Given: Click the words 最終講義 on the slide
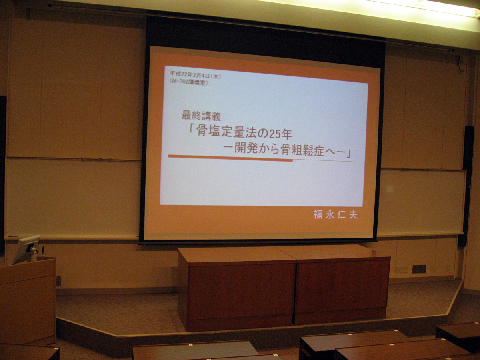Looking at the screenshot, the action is tap(201, 116).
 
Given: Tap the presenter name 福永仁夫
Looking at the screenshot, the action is tap(335, 214).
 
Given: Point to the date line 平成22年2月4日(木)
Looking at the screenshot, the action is tap(195, 75).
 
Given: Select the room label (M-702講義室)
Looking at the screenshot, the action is tap(188, 82).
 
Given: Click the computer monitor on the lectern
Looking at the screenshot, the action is tap(26, 249).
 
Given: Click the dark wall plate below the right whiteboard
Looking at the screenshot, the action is tap(419, 269).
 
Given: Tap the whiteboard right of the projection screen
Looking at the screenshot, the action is tap(422, 202).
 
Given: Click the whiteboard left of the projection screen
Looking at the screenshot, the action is tap(72, 198).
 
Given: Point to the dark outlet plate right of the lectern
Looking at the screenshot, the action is tap(58, 281).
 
